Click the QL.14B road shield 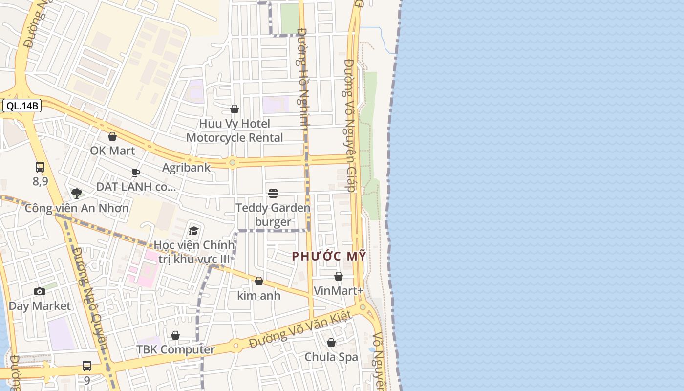pyautogui.click(x=22, y=106)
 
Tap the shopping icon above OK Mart pyautogui.click(x=112, y=136)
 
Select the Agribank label pyautogui.click(x=186, y=168)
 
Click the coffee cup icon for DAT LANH pyautogui.click(x=136, y=173)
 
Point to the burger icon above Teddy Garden pyautogui.click(x=273, y=194)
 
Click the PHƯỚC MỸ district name pyautogui.click(x=329, y=256)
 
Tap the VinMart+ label pyautogui.click(x=339, y=291)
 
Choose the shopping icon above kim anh pyautogui.click(x=259, y=281)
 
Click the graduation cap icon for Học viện pyautogui.click(x=193, y=231)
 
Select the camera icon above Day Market pyautogui.click(x=40, y=292)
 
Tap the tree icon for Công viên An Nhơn pyautogui.click(x=76, y=194)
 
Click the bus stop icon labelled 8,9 pyautogui.click(x=40, y=167)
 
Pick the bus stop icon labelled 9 pyautogui.click(x=87, y=366)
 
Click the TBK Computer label pyautogui.click(x=175, y=350)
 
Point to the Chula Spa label pyautogui.click(x=331, y=357)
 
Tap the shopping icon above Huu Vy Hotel pyautogui.click(x=235, y=109)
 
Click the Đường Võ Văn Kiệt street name pyautogui.click(x=300, y=330)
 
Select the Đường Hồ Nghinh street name pyautogui.click(x=303, y=78)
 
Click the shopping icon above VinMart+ pyautogui.click(x=339, y=277)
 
